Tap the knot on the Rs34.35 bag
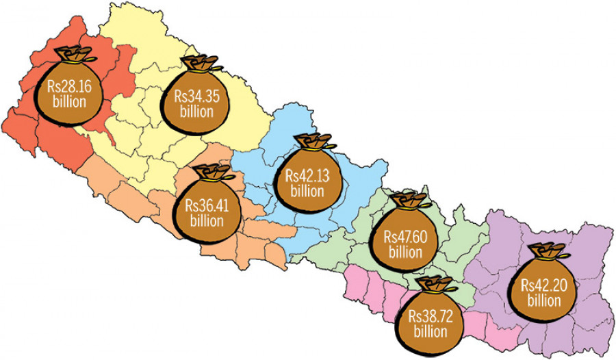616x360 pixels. coord(199,66)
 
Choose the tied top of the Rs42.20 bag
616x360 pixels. coord(548,251)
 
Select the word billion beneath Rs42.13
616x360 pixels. coord(306,190)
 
